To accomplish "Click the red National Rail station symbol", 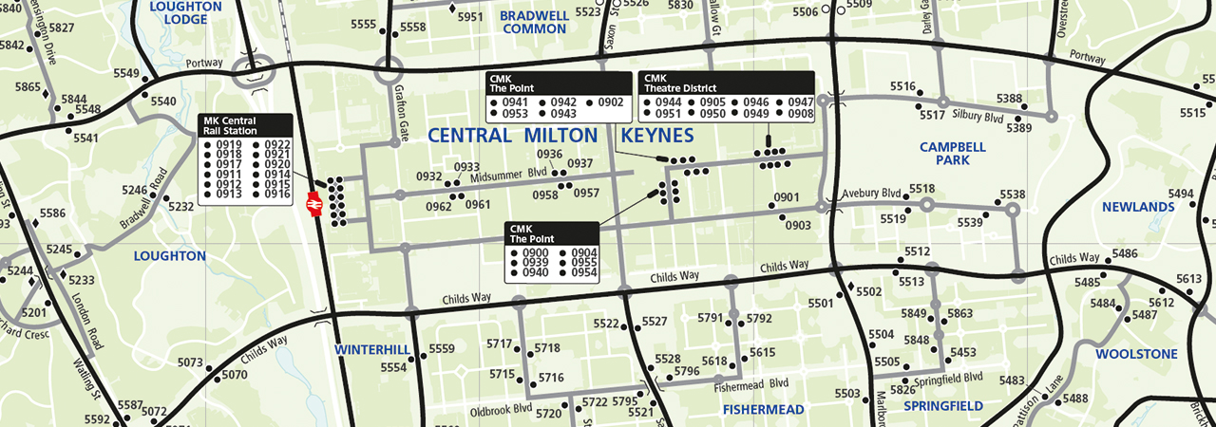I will coord(313,204).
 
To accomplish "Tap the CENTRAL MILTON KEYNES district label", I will coord(560,135).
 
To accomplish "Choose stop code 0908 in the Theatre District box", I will coord(800,114).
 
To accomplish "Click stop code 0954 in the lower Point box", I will coord(584,272).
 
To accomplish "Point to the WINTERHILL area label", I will coord(371,349).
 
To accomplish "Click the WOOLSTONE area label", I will coord(1136,354).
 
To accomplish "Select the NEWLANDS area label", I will coord(1138,207).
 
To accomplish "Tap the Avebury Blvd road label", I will coord(870,193).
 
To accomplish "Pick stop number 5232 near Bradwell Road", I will coord(180,206).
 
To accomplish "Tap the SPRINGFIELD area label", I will coord(942,406).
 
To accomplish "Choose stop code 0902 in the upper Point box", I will coord(610,102).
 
